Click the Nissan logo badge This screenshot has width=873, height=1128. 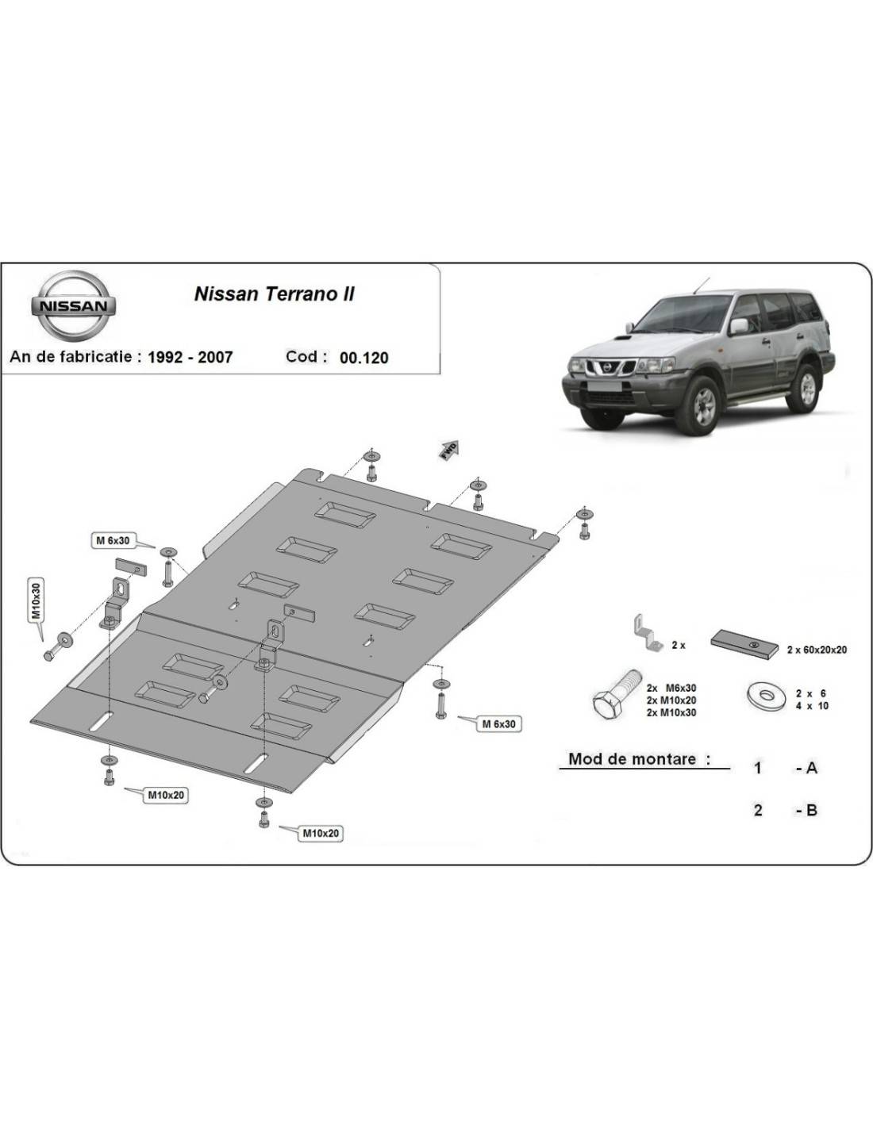pyautogui.click(x=73, y=305)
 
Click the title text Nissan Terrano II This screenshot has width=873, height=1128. pyautogui.click(x=275, y=294)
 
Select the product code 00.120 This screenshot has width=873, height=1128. pyautogui.click(x=364, y=358)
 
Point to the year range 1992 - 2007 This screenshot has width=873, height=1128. pyautogui.click(x=190, y=357)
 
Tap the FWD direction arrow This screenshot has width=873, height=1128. pyautogui.click(x=450, y=451)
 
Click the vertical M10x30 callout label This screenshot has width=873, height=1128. pyautogui.click(x=36, y=600)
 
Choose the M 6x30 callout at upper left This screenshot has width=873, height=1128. pyautogui.click(x=113, y=540)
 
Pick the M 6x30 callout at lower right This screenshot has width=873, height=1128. pyautogui.click(x=499, y=723)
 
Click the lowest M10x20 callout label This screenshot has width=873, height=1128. pyautogui.click(x=321, y=834)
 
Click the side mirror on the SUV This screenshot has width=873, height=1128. pyautogui.click(x=739, y=326)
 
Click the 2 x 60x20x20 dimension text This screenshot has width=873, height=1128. pyautogui.click(x=817, y=650)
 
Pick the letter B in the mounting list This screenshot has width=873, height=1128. pyautogui.click(x=811, y=810)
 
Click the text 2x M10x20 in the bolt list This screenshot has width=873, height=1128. pyautogui.click(x=671, y=700)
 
